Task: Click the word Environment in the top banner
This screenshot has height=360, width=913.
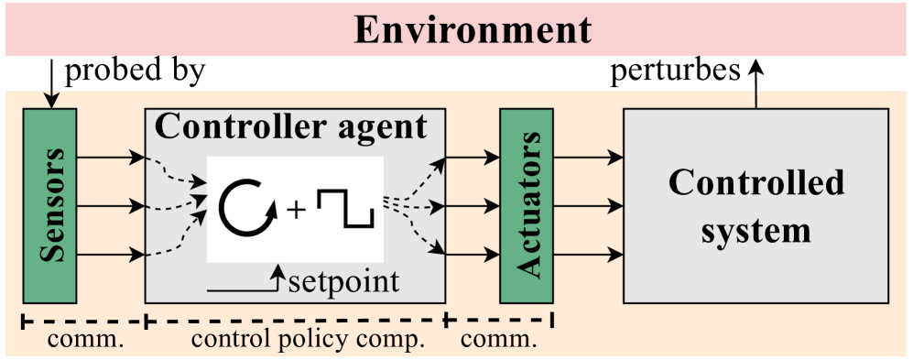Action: click(x=473, y=30)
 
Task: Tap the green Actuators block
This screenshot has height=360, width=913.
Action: click(x=527, y=205)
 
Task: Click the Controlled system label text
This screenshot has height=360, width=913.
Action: click(x=755, y=206)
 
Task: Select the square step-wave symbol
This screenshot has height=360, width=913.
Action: click(x=345, y=208)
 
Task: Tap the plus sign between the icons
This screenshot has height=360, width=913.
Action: click(x=296, y=211)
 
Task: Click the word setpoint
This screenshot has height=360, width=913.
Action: click(x=343, y=280)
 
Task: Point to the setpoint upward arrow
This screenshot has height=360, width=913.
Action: click(x=276, y=278)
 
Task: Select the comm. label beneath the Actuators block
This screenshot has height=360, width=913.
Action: click(x=498, y=341)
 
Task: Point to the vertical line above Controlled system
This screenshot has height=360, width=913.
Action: click(x=756, y=99)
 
